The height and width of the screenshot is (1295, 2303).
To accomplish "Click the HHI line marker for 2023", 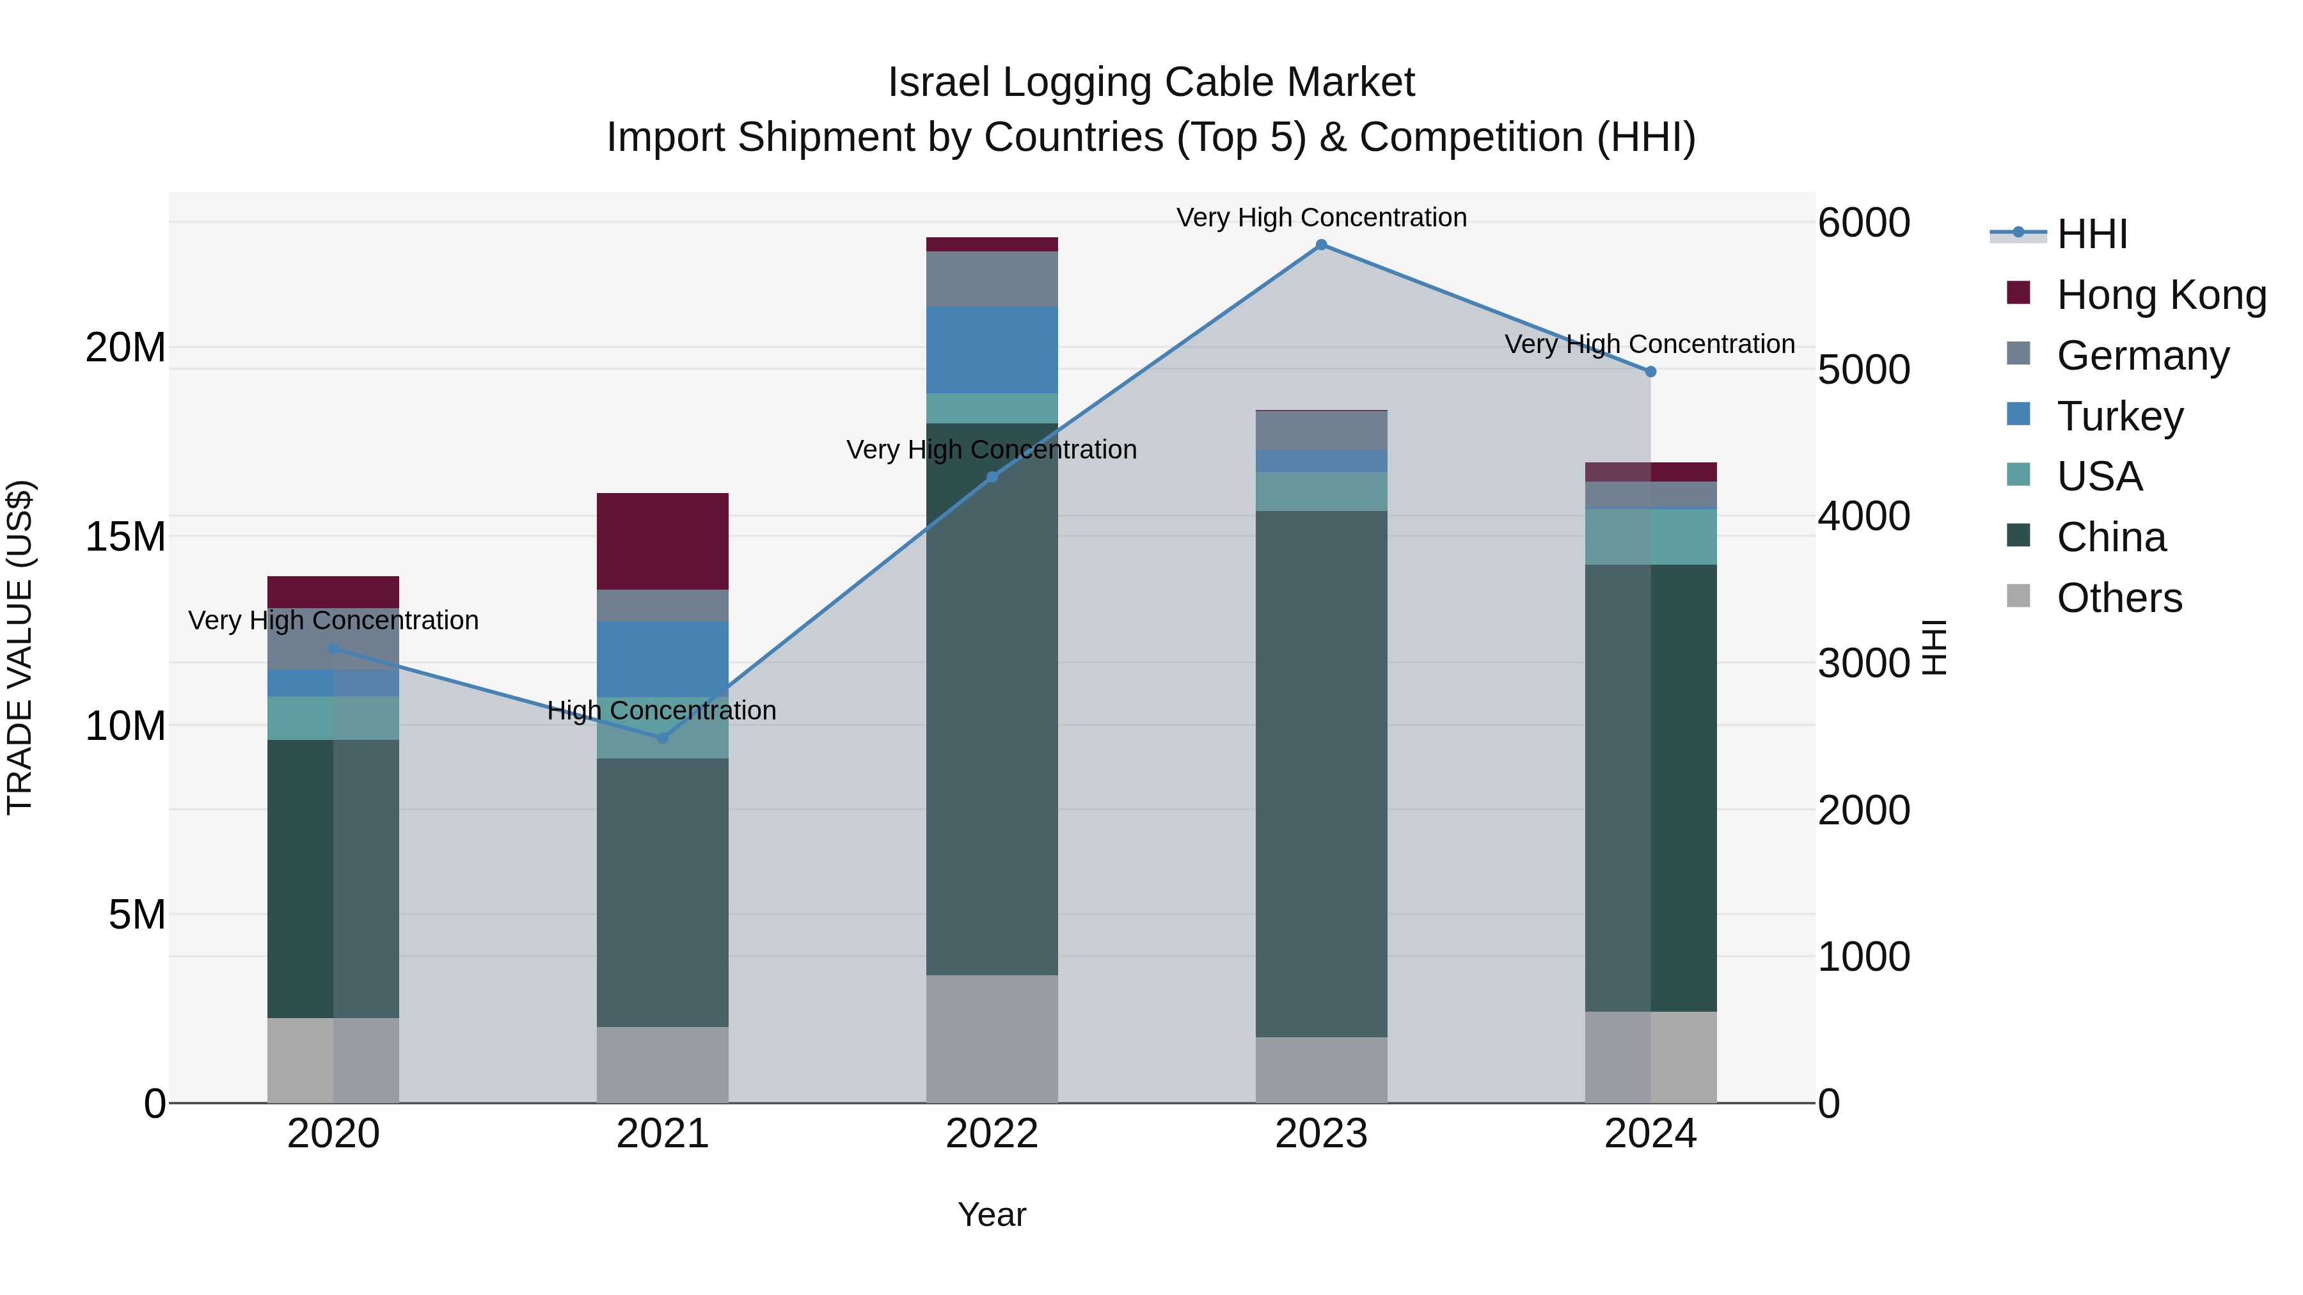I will coord(1322,245).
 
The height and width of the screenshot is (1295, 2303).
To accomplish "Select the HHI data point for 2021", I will coord(663,738).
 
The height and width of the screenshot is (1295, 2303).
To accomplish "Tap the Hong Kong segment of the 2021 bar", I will coord(663,540).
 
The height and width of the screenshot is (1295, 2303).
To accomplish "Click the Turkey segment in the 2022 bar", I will coord(992,349).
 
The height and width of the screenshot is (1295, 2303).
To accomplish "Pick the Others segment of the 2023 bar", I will coord(1322,1070).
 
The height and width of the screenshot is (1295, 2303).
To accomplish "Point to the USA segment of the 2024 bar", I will coord(1650,537).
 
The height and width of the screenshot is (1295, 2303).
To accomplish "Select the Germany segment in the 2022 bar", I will coord(992,279).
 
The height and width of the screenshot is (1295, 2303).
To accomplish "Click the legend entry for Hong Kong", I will coord(2161,295).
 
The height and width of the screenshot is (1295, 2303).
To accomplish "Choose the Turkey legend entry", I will coord(2120,416).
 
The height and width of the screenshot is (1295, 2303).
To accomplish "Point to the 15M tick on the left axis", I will coord(125,537).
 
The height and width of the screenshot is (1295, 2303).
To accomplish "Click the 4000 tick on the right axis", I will coord(1864,517).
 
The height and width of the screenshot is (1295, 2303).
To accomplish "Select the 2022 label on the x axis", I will coord(992,1134).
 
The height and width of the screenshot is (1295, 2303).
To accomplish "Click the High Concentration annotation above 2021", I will coord(661,710).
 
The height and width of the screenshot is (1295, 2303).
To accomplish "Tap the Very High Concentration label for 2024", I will coord(1649,344).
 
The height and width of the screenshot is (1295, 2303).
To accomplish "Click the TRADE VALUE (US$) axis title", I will coord(20,647).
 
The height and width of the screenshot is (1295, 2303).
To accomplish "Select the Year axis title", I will coord(992,1214).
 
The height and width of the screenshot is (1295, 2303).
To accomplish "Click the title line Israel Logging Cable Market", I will coord(1151,82).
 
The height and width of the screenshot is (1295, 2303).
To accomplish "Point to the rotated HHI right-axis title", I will coord(1934,647).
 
